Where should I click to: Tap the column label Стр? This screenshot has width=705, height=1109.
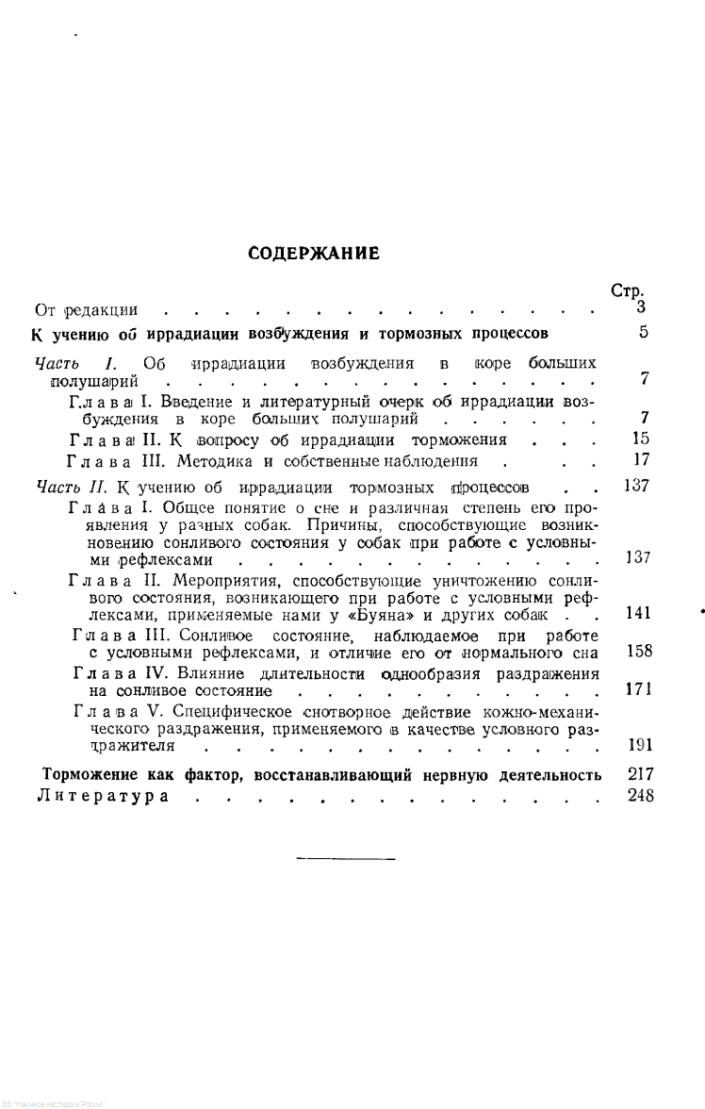[627, 292]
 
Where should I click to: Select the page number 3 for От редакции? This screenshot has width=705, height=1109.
[641, 306]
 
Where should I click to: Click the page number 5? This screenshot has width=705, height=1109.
[643, 332]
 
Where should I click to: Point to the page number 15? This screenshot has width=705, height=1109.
[637, 439]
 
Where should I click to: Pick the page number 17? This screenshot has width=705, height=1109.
[637, 461]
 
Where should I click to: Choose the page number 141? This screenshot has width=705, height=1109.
[637, 614]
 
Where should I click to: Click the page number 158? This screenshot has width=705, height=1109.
[637, 651]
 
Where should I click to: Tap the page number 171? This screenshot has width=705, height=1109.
[637, 689]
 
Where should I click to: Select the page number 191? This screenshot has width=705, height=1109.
[638, 744]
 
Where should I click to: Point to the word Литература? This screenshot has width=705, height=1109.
[103, 797]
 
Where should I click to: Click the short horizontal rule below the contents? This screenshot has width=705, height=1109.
[346, 858]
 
